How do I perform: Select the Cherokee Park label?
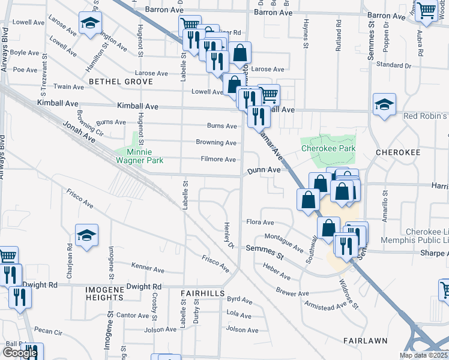328,148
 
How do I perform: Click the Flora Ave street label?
260,222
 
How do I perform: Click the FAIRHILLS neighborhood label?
203,293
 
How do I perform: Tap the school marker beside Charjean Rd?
87,236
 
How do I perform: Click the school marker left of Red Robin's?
384,106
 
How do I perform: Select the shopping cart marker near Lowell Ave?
268,94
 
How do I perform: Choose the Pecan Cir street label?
48,331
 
